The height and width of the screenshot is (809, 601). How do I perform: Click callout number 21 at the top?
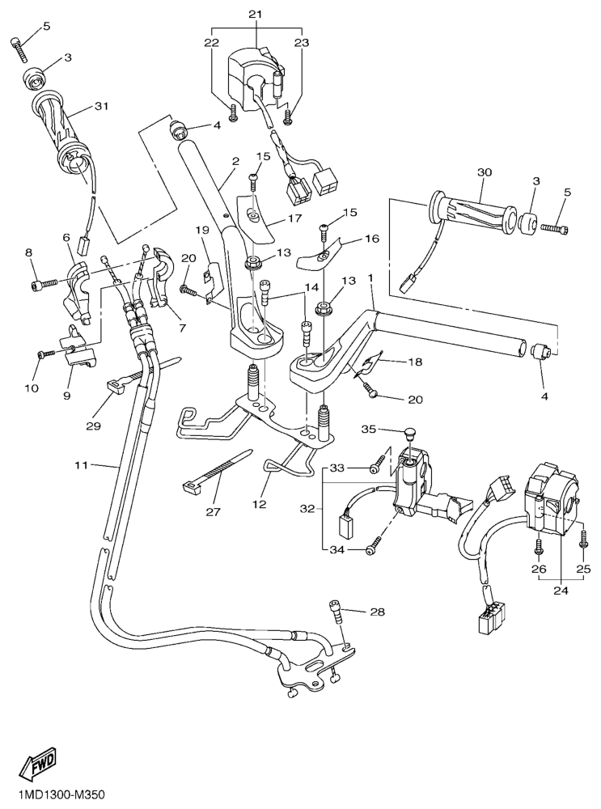point(256,15)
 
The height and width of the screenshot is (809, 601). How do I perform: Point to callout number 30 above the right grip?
point(485,173)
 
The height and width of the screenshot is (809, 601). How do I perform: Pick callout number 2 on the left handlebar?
point(235,161)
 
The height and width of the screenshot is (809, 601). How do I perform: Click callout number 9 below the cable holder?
point(68,396)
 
